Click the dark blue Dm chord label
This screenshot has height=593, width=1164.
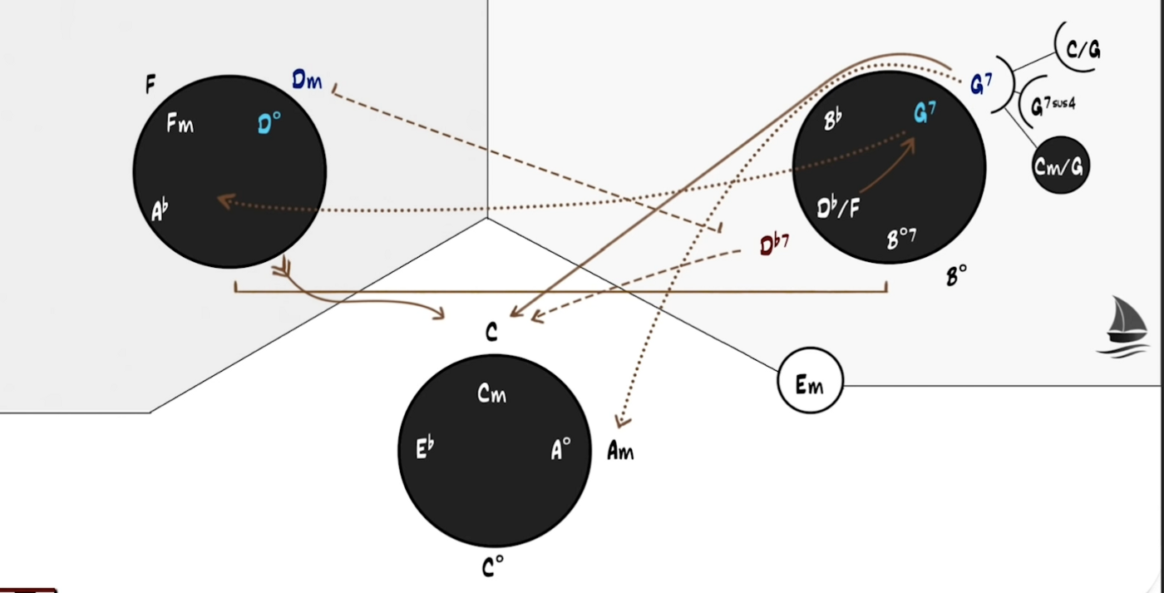point(307,81)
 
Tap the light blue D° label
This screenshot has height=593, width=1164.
point(269,124)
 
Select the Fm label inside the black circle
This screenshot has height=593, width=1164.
point(180,124)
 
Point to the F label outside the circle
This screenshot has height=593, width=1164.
point(150,84)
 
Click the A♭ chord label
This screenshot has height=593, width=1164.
point(160,210)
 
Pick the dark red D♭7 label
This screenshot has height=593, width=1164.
point(774,245)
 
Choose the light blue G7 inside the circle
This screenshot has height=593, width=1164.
point(925,113)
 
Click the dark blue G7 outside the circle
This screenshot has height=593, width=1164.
point(981,84)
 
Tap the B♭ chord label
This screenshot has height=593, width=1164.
point(833,120)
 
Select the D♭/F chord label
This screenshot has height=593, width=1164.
point(838,209)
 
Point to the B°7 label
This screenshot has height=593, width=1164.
point(901,239)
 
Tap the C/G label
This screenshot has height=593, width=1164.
point(1083,50)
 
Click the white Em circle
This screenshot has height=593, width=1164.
point(810,380)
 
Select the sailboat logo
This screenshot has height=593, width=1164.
point(1125,327)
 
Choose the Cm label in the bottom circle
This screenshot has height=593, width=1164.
point(491,394)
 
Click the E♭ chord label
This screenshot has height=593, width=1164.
point(425,448)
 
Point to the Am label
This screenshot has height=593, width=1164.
point(620,451)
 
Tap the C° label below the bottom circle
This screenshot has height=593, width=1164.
point(492,566)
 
